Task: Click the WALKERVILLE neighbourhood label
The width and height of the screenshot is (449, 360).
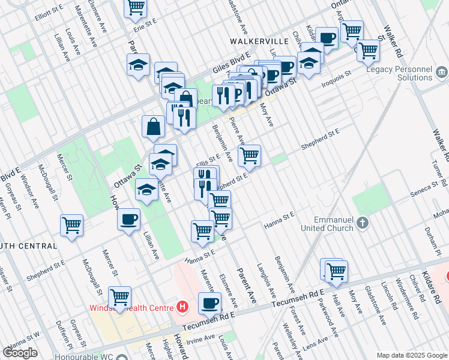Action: [x=259, y=41]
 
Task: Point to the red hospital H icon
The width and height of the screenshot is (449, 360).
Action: [x=183, y=308]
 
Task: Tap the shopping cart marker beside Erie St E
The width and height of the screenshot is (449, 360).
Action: [x=136, y=8]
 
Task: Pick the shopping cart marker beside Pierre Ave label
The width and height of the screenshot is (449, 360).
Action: [x=249, y=156]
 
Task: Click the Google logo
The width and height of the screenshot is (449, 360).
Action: [x=20, y=353]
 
